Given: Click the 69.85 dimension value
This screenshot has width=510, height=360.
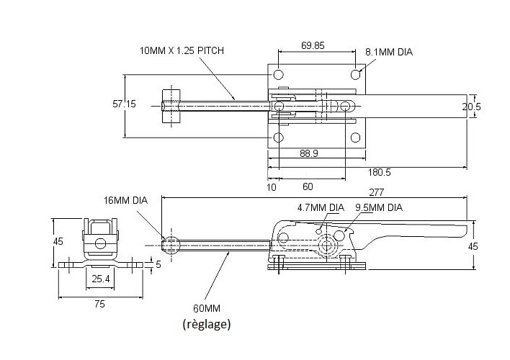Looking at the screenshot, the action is point(313,45).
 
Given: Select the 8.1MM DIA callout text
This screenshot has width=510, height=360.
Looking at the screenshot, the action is point(389,52).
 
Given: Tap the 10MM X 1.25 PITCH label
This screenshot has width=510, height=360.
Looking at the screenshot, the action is point(182,50).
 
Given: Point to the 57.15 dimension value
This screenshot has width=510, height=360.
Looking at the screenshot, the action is point(124,104).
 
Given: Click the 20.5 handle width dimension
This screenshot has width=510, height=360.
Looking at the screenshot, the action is point(472,107).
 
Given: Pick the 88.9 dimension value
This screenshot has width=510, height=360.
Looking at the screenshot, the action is point(309,153).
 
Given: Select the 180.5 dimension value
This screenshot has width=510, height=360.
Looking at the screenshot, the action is point(379,172).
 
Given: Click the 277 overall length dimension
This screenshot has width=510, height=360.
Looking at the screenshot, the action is point(376,192).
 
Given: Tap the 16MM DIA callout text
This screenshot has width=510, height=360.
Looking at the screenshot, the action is point(125,200).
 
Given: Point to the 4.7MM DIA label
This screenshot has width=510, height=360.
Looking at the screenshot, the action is point(321,207).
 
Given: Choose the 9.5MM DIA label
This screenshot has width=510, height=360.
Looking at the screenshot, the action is point(379,207).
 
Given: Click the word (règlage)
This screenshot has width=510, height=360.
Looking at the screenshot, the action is point(207,324).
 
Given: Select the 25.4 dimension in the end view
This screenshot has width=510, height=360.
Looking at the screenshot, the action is point(101,279).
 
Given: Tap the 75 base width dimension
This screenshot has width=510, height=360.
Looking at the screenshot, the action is point(100,304).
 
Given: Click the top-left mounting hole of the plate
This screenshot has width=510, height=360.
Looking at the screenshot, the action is point(278,75).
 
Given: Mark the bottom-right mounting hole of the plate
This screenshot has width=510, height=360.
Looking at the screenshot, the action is point(356,138).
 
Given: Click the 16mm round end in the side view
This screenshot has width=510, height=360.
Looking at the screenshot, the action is point(171,245).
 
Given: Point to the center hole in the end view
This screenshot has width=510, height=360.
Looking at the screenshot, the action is point(101,243).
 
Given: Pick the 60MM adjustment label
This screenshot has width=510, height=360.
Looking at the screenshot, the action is point(207,308).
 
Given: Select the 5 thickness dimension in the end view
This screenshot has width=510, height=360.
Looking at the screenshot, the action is point(158,264).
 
